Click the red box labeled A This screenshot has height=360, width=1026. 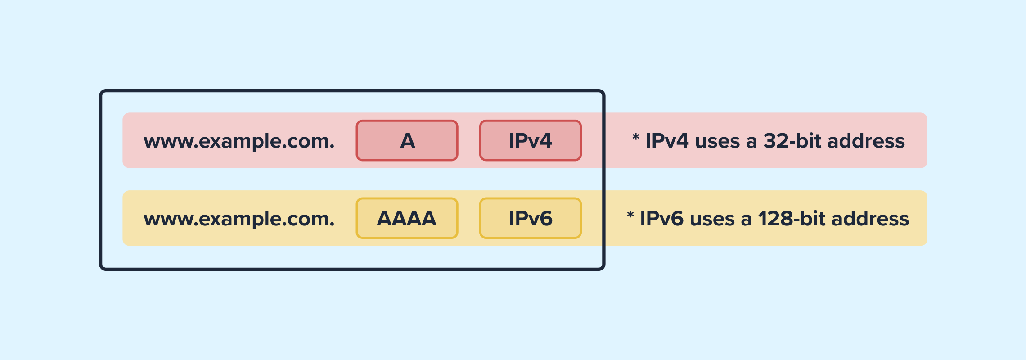pyautogui.click(x=407, y=140)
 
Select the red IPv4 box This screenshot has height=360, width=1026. pyautogui.click(x=530, y=140)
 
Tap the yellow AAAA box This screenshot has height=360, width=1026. pyautogui.click(x=407, y=218)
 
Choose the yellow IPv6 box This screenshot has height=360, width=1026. pyautogui.click(x=530, y=218)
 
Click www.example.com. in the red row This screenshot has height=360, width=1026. pyautogui.click(x=239, y=141)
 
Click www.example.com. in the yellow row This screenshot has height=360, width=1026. pyautogui.click(x=239, y=219)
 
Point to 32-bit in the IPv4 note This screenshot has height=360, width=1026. pyautogui.click(x=795, y=141)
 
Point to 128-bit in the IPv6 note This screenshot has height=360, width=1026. pyautogui.click(x=794, y=219)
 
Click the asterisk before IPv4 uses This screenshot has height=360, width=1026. pyautogui.click(x=635, y=137)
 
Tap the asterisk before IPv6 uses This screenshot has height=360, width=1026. pyautogui.click(x=630, y=215)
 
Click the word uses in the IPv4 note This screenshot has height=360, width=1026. pyautogui.click(x=717, y=142)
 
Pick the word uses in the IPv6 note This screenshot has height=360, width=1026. pyautogui.click(x=712, y=220)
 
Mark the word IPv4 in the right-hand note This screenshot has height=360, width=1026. pyautogui.click(x=667, y=141)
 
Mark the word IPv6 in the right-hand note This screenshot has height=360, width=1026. pyautogui.click(x=661, y=219)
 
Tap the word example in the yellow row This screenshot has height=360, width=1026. pyautogui.click(x=237, y=219)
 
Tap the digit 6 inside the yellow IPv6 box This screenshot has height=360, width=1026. pyautogui.click(x=544, y=219)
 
